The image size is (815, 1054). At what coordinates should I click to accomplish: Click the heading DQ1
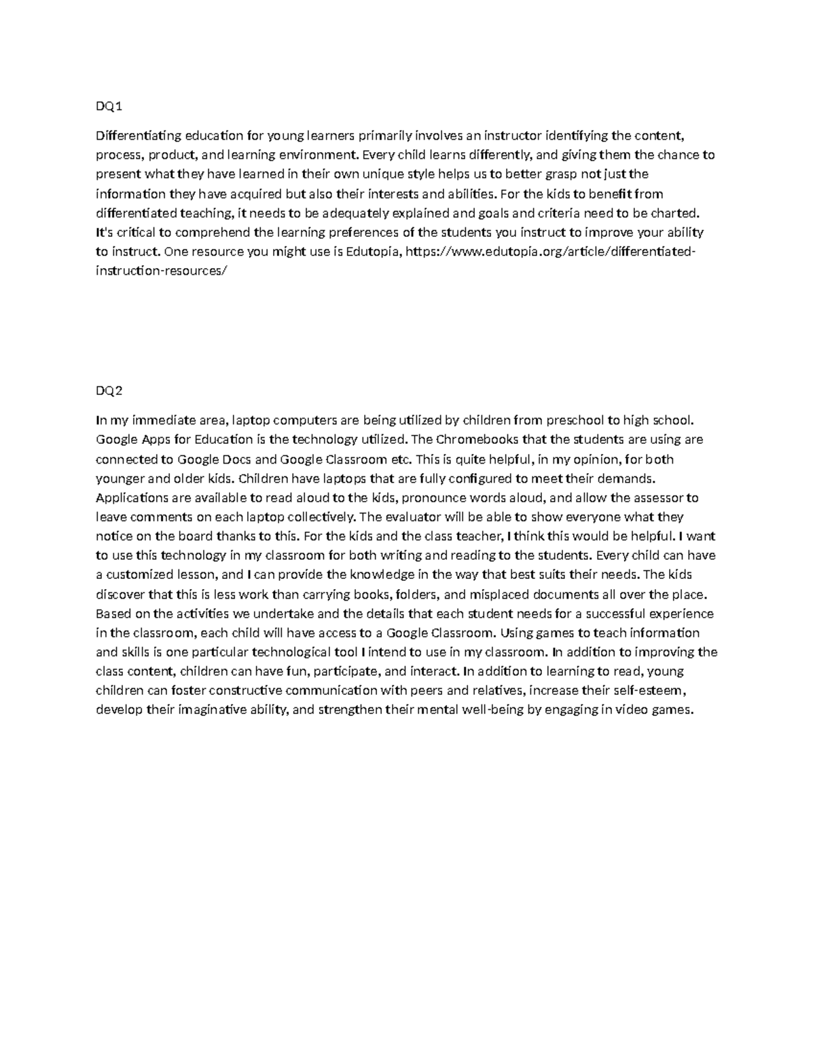(109, 107)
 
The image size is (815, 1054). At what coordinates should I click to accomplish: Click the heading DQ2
(109, 391)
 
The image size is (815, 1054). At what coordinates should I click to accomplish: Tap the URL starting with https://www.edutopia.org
(550, 252)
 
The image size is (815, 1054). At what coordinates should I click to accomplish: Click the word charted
(675, 213)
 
